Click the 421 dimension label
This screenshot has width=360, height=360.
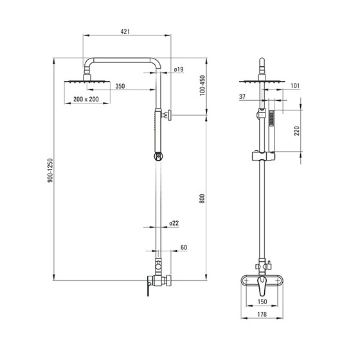(x=125, y=32)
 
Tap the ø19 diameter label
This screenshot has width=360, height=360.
(x=179, y=69)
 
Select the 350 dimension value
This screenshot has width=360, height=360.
(x=120, y=86)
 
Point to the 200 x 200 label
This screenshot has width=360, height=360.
(x=86, y=99)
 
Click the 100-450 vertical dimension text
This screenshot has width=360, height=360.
(x=203, y=85)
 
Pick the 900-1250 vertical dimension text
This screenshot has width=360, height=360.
(x=50, y=170)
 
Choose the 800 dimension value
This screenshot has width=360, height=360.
(x=202, y=199)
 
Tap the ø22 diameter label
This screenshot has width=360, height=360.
(x=174, y=223)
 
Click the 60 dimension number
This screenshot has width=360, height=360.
(x=184, y=248)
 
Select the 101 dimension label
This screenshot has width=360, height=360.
(x=295, y=85)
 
